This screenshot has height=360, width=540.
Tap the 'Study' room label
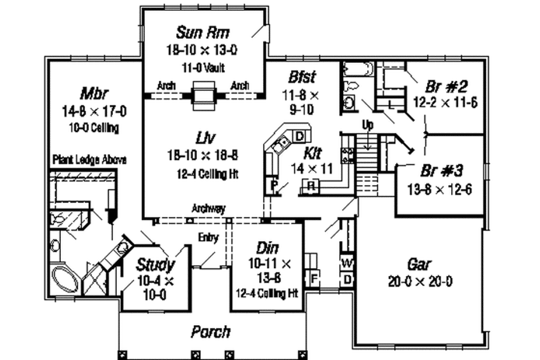(153, 265)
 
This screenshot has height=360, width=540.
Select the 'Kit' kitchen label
(313, 152)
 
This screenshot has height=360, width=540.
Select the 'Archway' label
(208, 208)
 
